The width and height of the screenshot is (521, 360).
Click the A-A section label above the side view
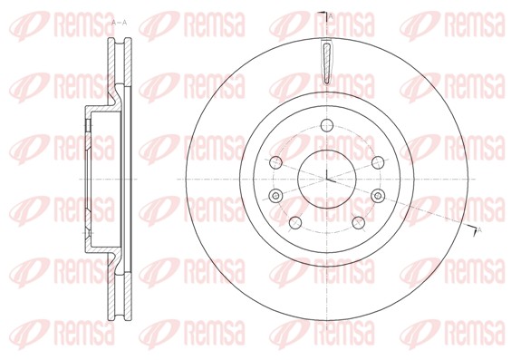point(118,21)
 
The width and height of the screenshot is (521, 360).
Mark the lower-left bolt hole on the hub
point(295,222)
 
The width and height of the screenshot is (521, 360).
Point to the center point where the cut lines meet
point(325,179)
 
